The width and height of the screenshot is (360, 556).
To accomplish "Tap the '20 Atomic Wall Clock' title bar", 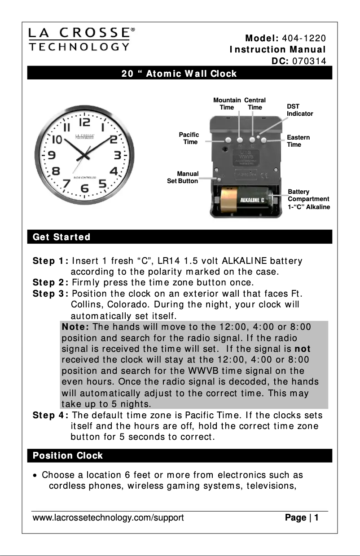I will click(x=179, y=73).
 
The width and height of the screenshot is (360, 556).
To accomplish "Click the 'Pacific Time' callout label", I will click(x=189, y=138).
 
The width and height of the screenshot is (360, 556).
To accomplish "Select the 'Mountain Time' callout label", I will click(x=227, y=104).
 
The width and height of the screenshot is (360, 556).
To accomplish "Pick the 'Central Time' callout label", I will click(x=255, y=104).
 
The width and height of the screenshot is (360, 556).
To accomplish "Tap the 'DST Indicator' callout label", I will click(x=299, y=110).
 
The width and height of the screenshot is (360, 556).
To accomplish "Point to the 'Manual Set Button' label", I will click(x=183, y=177).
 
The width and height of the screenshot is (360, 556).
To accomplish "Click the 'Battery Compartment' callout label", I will click(x=308, y=199).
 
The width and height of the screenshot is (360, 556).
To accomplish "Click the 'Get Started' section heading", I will click(x=61, y=236).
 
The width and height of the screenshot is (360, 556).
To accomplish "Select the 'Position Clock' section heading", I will click(x=67, y=455).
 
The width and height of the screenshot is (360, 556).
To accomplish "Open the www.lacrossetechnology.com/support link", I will click(x=108, y=518).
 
